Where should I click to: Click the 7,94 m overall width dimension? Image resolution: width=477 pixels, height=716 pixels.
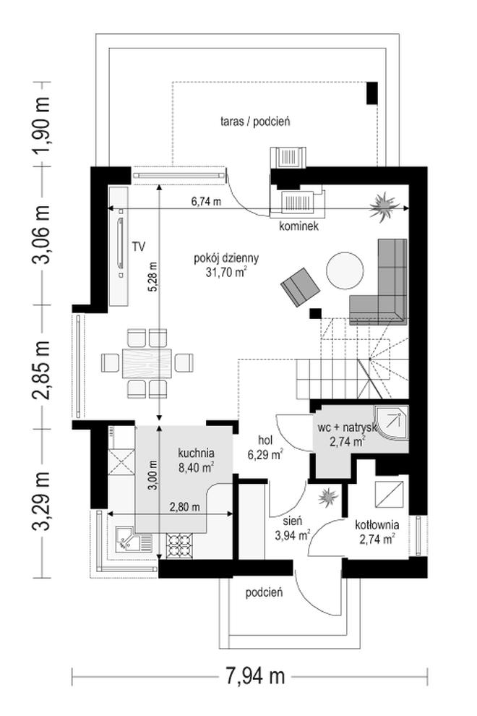click(255, 675)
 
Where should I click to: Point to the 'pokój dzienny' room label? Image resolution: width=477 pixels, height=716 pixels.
click(226, 258)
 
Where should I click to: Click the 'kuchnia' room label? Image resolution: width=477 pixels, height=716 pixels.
click(197, 453)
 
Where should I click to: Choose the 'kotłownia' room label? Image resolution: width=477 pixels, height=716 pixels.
click(377, 525)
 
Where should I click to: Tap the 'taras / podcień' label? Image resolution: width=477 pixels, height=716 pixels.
click(255, 122)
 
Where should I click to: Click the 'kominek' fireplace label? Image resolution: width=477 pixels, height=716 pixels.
click(299, 226)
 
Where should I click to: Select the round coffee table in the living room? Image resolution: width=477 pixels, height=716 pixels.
click(345, 270)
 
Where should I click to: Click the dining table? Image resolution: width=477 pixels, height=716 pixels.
click(147, 363)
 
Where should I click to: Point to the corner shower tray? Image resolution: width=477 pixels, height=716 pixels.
click(391, 423)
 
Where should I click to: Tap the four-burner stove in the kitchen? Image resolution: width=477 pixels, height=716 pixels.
click(179, 545)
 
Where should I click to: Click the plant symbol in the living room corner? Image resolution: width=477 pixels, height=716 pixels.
click(384, 208)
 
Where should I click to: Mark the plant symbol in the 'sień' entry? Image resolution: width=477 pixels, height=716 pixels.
click(328, 497)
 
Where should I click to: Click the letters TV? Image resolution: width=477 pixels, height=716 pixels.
click(139, 247)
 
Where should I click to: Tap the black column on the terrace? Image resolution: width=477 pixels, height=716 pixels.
click(372, 93)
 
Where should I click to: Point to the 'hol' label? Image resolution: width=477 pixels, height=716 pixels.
click(265, 440)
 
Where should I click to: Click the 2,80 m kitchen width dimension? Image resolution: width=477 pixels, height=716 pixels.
click(184, 507)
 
